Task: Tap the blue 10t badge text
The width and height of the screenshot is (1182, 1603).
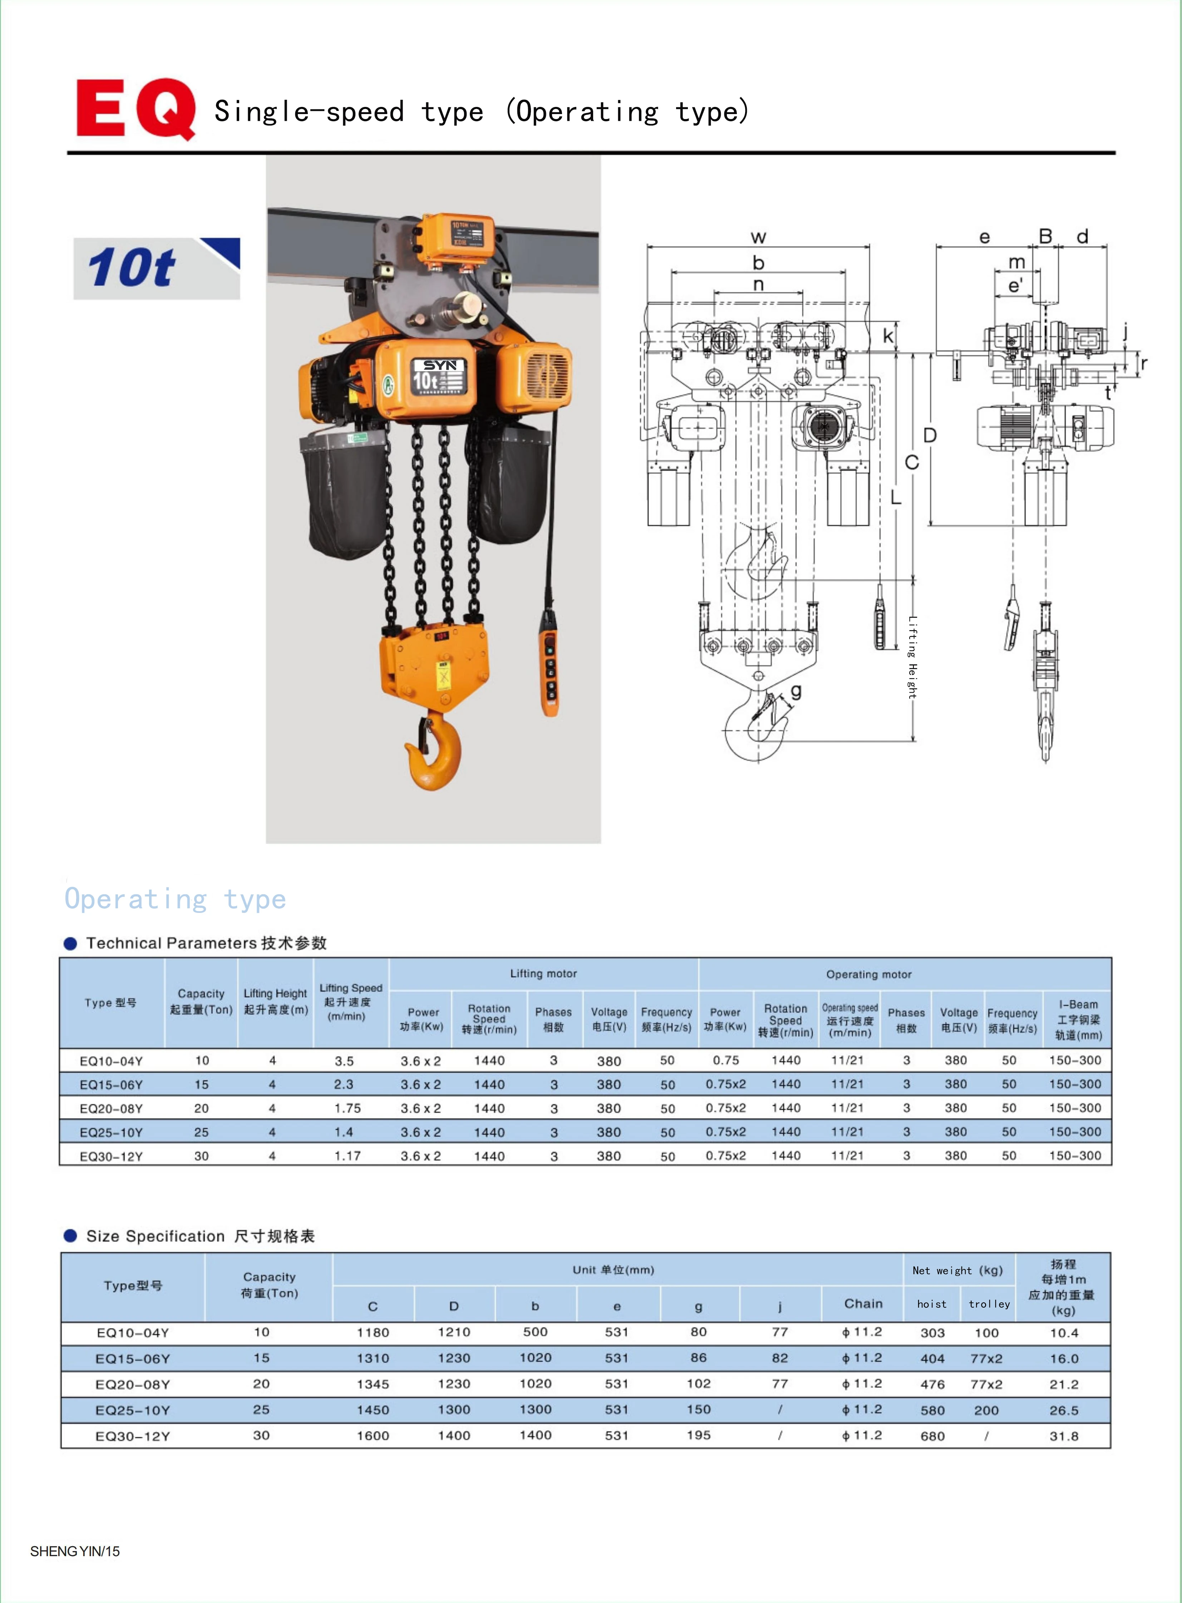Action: click(132, 268)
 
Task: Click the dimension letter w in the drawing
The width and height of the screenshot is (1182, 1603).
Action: click(758, 237)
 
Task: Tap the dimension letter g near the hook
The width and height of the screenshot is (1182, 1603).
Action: click(796, 691)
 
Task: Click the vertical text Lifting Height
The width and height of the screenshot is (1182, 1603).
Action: click(912, 657)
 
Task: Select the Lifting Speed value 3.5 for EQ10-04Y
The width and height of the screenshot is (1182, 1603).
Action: click(344, 1061)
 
